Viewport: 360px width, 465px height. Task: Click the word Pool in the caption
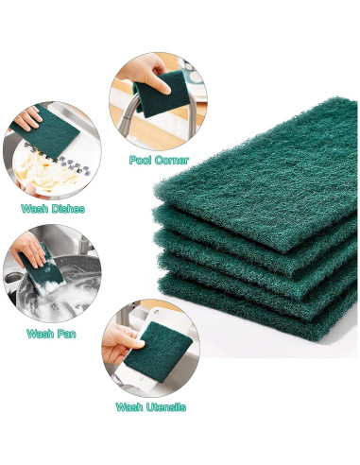point(142,160)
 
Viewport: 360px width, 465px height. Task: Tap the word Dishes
point(66,208)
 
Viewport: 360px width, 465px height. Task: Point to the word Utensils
point(163,406)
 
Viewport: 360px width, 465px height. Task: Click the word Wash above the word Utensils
point(129,406)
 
